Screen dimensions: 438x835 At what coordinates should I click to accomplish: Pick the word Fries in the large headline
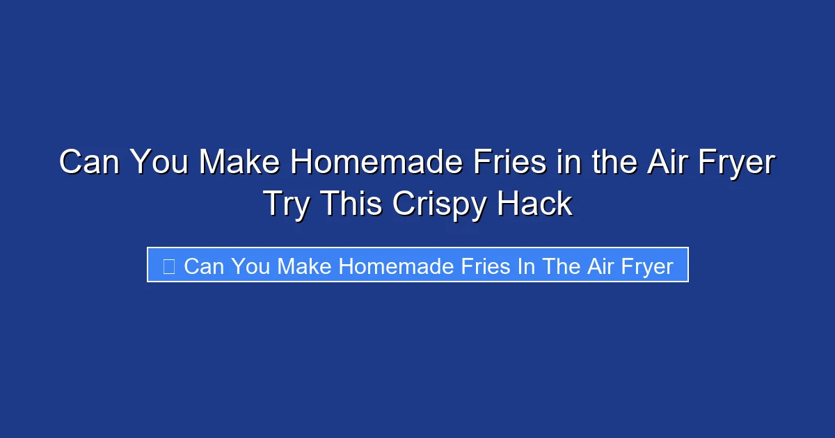(498, 163)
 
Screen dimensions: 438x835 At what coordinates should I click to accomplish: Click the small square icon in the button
(168, 266)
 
